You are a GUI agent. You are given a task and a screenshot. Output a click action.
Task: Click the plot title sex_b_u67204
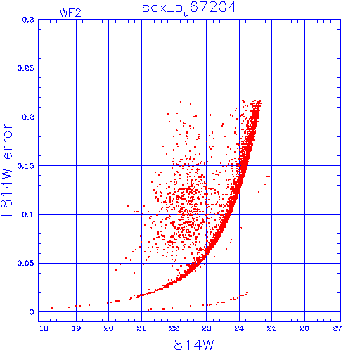tap(190, 8)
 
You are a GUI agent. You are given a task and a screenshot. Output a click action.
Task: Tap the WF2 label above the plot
tap(70, 13)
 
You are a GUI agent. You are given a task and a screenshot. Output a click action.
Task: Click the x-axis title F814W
tap(190, 345)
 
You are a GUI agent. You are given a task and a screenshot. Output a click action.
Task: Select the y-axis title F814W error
tap(6, 169)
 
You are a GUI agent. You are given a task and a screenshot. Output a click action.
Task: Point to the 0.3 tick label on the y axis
tap(28, 20)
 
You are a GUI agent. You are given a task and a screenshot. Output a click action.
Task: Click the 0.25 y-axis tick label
tap(26, 68)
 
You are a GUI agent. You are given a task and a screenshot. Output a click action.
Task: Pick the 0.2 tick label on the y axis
tap(28, 117)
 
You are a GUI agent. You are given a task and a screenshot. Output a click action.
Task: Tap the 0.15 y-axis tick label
tap(26, 166)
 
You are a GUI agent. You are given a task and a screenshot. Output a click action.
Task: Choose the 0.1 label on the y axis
tap(28, 214)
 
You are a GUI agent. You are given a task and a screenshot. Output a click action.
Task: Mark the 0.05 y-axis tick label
tap(26, 263)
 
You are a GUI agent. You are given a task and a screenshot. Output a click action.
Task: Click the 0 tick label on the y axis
tap(32, 312)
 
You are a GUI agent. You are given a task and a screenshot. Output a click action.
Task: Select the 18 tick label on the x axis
tap(44, 328)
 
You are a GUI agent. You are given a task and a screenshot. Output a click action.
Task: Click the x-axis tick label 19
tap(77, 328)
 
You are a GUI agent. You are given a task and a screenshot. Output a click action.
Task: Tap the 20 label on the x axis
tap(109, 328)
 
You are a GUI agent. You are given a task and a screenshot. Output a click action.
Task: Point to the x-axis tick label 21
tap(141, 328)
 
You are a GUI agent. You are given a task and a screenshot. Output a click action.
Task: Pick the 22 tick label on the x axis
tap(174, 328)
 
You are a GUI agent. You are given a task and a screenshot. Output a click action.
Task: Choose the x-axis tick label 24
tap(239, 328)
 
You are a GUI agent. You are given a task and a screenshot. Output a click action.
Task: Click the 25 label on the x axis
tap(271, 328)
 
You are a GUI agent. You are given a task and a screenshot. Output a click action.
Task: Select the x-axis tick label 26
tap(304, 328)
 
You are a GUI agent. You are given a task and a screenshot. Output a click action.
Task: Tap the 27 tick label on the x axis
tap(337, 328)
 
